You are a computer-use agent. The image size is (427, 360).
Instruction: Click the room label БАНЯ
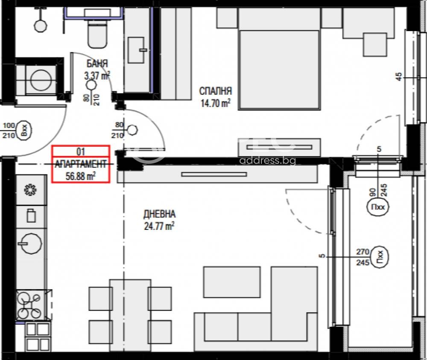point(97,64)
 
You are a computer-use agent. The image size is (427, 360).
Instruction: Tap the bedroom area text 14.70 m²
point(215,103)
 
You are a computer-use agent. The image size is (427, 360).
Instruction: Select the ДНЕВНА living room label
point(159,214)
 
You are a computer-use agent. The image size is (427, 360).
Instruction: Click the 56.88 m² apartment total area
point(81,176)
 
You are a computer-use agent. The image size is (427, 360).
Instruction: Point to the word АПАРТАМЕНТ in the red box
point(81,164)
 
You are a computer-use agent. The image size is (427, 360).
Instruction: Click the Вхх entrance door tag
point(24,131)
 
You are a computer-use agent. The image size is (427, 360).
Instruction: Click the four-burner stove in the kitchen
point(29,305)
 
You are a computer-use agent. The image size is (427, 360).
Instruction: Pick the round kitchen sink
point(30,243)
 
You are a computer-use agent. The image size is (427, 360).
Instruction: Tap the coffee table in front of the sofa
point(232,282)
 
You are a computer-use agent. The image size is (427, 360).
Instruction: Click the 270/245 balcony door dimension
point(363,257)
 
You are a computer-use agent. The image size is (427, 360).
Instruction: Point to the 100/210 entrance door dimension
point(9,131)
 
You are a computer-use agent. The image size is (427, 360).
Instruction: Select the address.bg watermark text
point(267,160)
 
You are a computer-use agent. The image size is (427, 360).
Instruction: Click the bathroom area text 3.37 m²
point(97,75)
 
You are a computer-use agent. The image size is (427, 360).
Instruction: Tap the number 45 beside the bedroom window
point(398,76)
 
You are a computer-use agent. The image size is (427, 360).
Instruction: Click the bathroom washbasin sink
point(137,50)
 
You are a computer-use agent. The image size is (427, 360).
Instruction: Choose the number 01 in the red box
point(81,151)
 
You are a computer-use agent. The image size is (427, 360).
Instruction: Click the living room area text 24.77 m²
point(159,226)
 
